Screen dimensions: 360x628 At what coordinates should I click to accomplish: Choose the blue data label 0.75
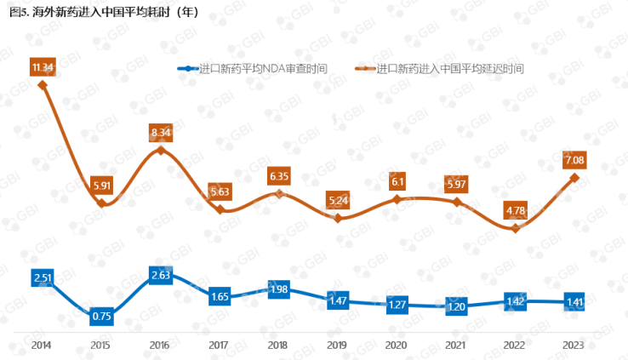tap(102, 317)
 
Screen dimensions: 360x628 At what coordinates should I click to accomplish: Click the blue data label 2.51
tap(43, 277)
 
